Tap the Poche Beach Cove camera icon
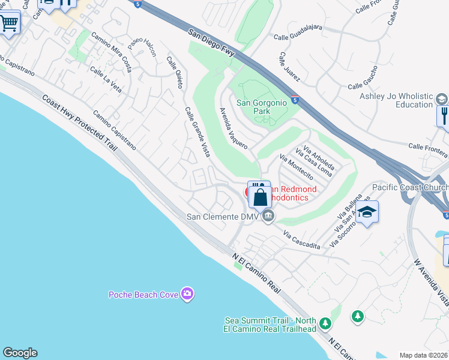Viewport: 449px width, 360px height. (188, 293)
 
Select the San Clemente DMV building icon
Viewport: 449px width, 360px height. (268, 216)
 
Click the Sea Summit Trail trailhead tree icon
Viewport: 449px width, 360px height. (325, 324)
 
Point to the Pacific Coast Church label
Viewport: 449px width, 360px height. (410, 187)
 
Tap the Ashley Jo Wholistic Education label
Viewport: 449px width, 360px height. (396, 100)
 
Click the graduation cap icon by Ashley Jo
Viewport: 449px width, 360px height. (441, 99)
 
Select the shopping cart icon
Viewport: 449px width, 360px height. (8, 24)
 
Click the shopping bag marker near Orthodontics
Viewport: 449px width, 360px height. (260, 196)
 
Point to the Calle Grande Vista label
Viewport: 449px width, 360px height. (197, 132)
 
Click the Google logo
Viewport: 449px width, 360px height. (20, 353)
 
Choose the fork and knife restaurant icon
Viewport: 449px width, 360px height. (444, 115)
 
